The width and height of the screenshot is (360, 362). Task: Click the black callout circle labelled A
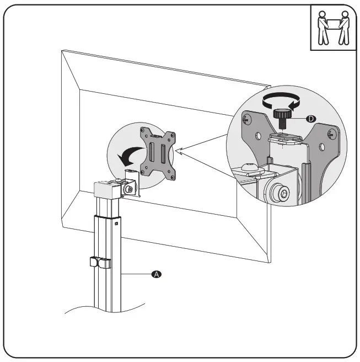[157, 274]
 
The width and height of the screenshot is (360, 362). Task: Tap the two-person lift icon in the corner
[332, 29]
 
